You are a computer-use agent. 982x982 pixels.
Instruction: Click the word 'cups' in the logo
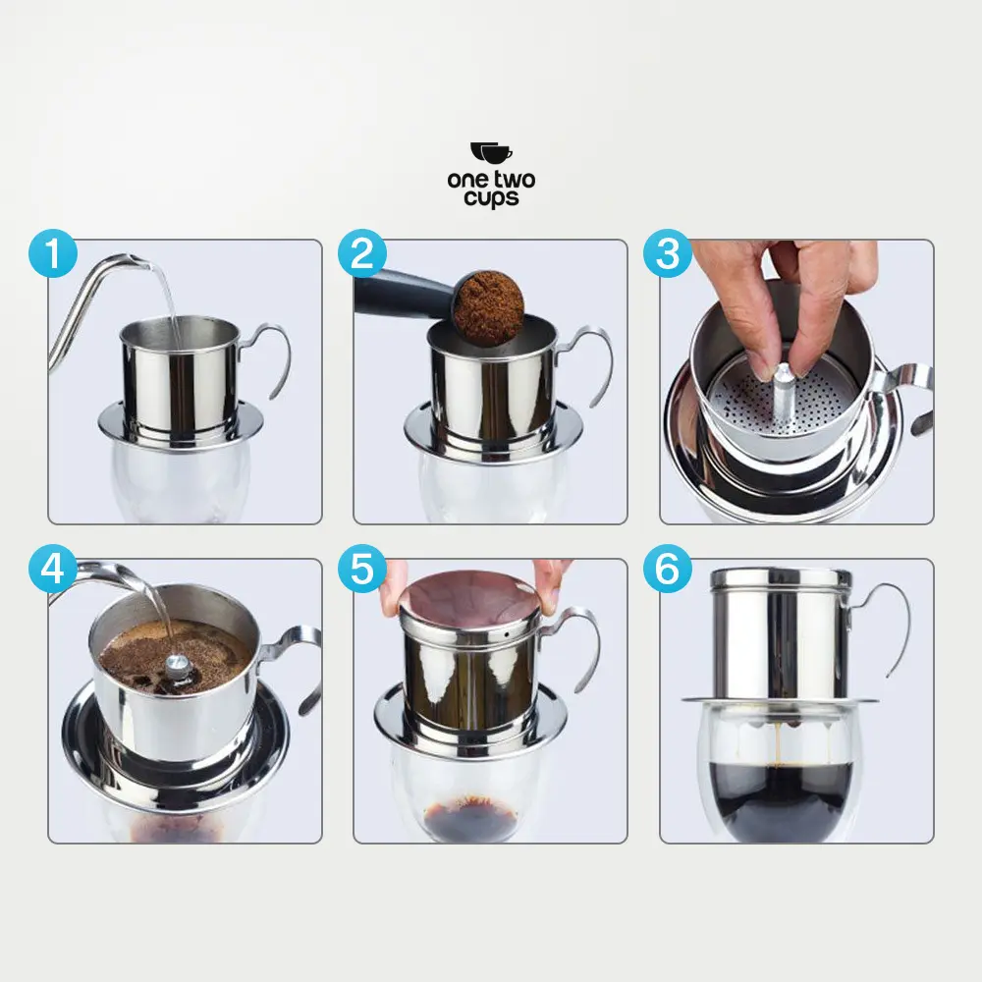pos(491,197)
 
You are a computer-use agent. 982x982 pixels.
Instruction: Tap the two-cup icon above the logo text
pos(491,153)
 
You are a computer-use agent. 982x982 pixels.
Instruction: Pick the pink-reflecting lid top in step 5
pos(468,596)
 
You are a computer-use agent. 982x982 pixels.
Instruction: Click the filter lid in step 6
pos(780,577)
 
